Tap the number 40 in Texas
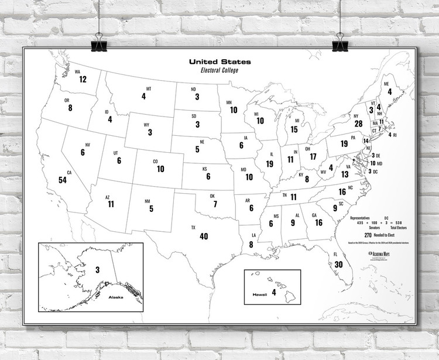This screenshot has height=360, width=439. click(x=204, y=236)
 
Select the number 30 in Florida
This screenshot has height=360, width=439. click(x=338, y=264)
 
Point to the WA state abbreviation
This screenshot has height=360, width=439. click(x=77, y=72)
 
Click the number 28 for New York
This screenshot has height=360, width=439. click(x=358, y=124)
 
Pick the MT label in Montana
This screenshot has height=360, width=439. click(x=149, y=88)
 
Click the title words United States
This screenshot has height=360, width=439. click(x=220, y=61)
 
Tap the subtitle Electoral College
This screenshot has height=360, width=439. click(x=220, y=70)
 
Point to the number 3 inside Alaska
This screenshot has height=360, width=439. click(x=97, y=269)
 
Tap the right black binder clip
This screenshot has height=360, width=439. click(x=339, y=43)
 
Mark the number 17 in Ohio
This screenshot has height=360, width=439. click(x=313, y=157)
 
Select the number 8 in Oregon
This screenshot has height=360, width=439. click(x=70, y=108)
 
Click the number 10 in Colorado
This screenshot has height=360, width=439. click(x=160, y=169)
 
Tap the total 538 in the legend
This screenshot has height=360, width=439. click(x=399, y=223)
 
